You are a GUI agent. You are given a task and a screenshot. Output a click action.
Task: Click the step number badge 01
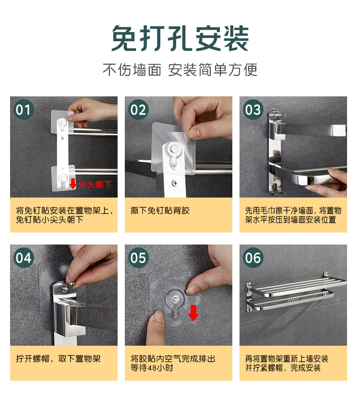pyautogui.click(x=23, y=110)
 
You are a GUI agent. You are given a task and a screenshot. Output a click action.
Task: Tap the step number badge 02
pyautogui.click(x=138, y=110)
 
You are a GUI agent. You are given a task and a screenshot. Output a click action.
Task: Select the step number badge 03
pyautogui.click(x=252, y=110)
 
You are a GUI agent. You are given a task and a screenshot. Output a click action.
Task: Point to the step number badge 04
pyautogui.click(x=23, y=258)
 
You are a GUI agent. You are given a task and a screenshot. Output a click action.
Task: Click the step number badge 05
pyautogui.click(x=138, y=258)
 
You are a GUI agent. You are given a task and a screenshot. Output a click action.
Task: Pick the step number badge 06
pyautogui.click(x=252, y=258)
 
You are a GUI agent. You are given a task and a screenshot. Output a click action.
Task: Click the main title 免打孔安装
pyautogui.click(x=180, y=38)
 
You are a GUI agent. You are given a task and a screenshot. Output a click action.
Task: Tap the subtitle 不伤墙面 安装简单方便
pyautogui.click(x=180, y=70)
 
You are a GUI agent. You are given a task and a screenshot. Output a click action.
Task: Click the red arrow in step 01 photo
pyautogui.click(x=72, y=184)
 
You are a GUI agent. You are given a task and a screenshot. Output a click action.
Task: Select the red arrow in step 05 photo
pyautogui.click(x=193, y=313)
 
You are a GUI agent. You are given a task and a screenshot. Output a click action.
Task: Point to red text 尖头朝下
pyautogui.click(x=95, y=184)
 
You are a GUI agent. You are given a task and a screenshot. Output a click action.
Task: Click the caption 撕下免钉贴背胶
pyautogui.click(x=160, y=210)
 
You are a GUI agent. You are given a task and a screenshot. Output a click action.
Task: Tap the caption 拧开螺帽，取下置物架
pyautogui.click(x=58, y=359)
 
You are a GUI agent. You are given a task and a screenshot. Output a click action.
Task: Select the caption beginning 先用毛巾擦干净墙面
pyautogui.click(x=293, y=215)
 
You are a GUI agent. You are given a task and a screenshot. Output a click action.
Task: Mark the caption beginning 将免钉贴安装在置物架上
pyautogui.click(x=64, y=215)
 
